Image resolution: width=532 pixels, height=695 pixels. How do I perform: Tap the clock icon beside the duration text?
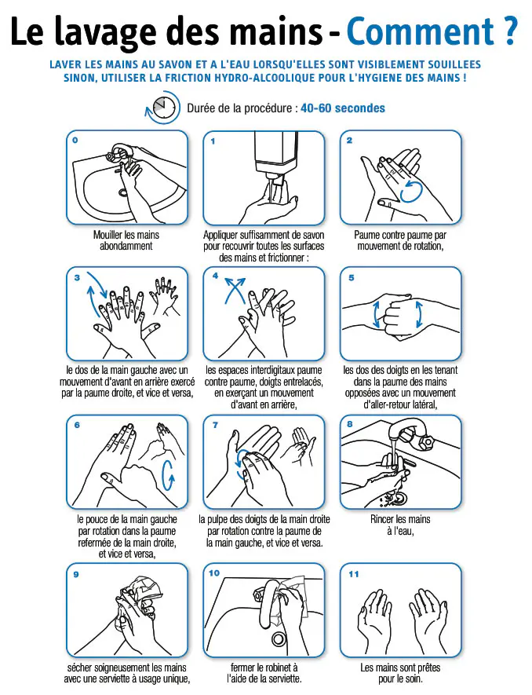pos(162,108)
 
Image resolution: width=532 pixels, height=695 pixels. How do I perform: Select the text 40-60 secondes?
pos(343,108)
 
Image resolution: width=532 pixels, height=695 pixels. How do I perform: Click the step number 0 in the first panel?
pos(75,140)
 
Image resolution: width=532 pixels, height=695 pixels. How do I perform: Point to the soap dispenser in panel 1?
pos(275,156)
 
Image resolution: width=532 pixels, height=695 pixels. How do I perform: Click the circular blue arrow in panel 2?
pos(410,191)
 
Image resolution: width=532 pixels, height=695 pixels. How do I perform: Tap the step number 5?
pos(352,278)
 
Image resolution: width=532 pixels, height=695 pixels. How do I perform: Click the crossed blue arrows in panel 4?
pos(235,290)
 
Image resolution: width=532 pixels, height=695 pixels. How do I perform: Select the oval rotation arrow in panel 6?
pos(169,476)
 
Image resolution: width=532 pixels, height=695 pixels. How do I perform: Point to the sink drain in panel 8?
pos(398,497)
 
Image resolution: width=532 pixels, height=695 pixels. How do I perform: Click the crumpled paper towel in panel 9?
pos(142,590)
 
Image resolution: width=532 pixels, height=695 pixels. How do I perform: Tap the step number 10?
pos(214,573)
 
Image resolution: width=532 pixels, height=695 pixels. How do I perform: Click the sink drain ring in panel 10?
pos(279,638)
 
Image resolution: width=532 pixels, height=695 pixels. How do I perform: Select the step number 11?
pos(353,574)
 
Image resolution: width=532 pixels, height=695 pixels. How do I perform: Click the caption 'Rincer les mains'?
pos(400,519)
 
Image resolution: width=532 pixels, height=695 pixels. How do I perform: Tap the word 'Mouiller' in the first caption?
pos(108,235)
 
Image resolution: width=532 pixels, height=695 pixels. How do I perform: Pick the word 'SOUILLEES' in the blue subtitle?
pos(454,64)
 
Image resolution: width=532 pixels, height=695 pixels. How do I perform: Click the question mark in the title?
pos(510,31)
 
